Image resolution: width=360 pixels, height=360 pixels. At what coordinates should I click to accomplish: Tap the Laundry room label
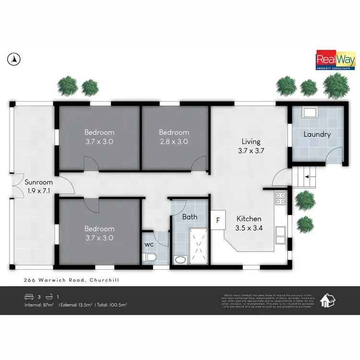point(317,134)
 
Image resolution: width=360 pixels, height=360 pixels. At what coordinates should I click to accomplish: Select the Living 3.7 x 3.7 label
point(251,146)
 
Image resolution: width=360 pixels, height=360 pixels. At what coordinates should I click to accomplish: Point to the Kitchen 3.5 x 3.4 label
point(249,223)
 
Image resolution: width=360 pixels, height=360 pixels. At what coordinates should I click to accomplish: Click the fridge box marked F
point(218,220)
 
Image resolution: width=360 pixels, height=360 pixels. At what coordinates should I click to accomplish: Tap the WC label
point(148,243)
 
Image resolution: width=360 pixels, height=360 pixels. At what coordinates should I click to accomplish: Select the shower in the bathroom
point(198,245)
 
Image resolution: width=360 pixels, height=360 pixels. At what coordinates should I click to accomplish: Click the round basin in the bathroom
point(180,260)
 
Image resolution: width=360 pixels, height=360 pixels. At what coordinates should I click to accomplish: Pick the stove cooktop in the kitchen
point(280,198)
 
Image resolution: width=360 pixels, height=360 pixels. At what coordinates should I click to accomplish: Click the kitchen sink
point(281,235)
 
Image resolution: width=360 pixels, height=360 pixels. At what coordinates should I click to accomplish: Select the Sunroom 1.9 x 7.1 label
point(39,186)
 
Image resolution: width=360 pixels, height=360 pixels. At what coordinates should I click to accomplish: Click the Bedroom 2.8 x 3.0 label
point(174,137)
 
